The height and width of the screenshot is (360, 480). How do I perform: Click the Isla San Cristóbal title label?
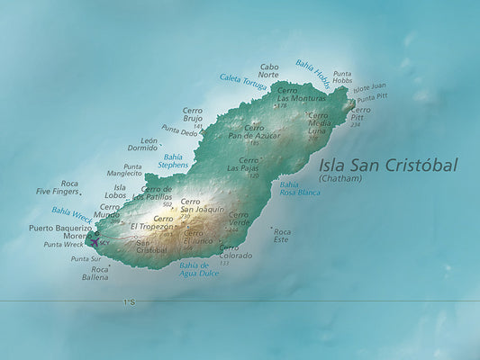point(388,166)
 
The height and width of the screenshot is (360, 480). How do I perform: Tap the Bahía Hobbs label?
point(312,71)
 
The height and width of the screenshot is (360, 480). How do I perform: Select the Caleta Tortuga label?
point(243,82)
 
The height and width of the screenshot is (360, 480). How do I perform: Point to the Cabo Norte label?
point(269,70)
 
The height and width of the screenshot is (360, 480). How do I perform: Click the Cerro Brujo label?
point(193,114)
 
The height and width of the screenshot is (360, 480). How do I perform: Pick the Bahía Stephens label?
point(173,161)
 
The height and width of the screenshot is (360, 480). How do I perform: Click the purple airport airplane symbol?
point(95,240)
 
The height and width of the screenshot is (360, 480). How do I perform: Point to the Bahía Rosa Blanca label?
point(300,188)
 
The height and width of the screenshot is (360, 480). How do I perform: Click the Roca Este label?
point(282,235)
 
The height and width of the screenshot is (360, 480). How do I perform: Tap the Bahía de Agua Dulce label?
point(199,268)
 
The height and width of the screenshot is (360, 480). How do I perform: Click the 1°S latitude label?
point(129,302)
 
